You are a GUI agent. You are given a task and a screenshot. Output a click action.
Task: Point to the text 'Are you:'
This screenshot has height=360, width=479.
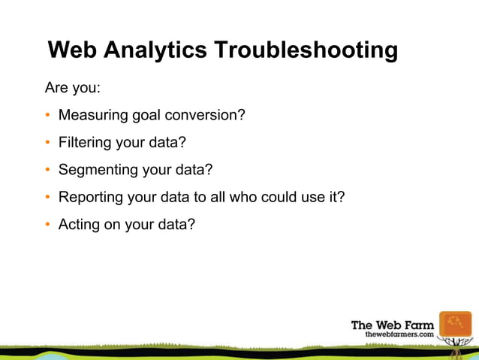73,88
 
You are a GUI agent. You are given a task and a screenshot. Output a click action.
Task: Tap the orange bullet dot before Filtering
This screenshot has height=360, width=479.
48,143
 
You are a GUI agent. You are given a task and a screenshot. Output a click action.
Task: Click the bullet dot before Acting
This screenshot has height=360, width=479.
48,224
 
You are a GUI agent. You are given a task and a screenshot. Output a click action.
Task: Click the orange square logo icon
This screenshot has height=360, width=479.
455,327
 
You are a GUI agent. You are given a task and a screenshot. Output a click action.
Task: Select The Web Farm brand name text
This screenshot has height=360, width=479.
392,325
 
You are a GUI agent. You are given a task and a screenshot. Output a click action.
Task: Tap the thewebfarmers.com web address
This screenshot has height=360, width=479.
399,334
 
